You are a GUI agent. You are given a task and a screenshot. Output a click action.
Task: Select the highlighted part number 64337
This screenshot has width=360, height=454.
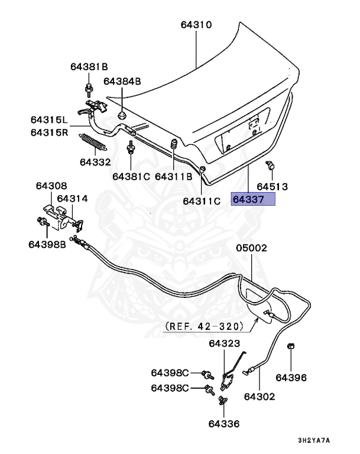pos(252,200)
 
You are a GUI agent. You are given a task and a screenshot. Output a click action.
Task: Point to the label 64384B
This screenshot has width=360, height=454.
pos(122,81)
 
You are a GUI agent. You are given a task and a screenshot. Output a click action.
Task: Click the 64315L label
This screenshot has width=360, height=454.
pos(50,120)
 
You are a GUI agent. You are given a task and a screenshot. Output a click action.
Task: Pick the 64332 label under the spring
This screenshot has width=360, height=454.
pos(96,161)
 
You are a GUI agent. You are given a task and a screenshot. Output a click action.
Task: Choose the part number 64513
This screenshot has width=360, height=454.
pos(272,186)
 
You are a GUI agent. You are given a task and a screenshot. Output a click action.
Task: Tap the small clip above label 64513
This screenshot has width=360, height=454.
pos(270,166)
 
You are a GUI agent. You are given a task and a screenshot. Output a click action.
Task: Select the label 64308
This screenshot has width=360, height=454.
pos(51,186)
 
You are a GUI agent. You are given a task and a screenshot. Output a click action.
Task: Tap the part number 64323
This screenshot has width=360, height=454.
pos(224,343)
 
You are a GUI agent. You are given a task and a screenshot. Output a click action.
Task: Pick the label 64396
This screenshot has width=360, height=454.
pos(291,377)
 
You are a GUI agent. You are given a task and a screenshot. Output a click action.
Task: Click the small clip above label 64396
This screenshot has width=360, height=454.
pos(291,346)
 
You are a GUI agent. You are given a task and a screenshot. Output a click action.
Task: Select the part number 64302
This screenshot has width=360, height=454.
pos(260,396)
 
